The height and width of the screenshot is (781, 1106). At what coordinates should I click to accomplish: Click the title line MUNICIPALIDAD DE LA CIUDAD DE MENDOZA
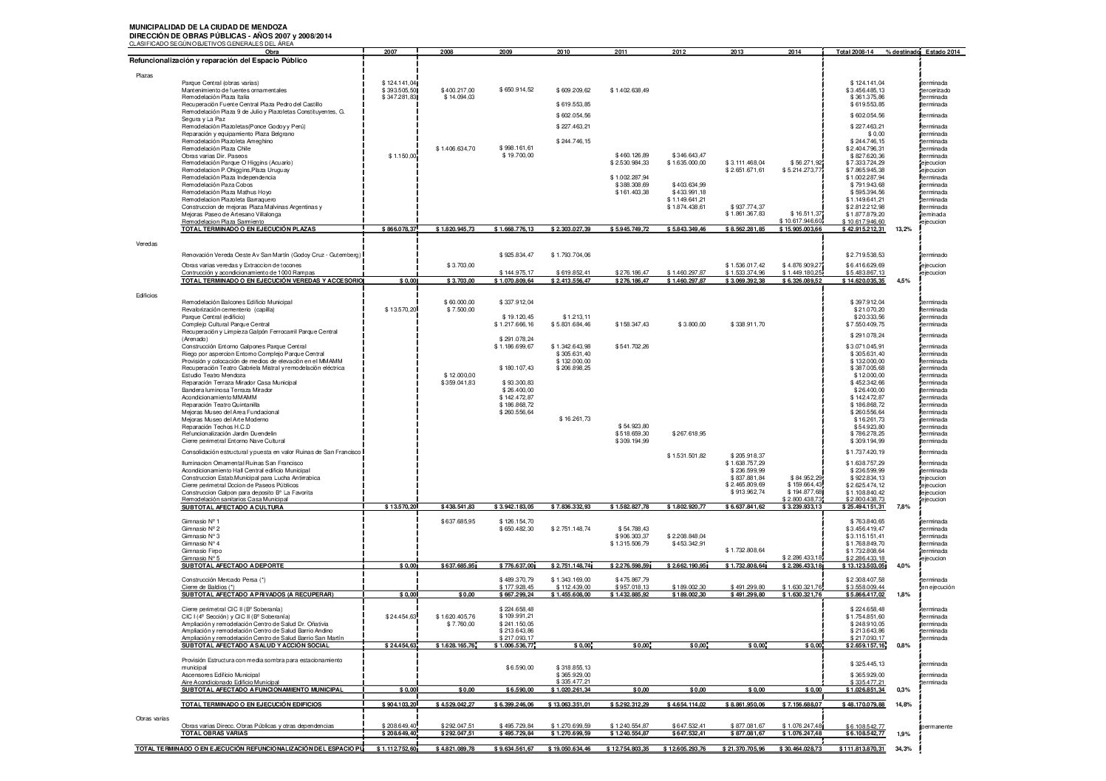click(198, 27)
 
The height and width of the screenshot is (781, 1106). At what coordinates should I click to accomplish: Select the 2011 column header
click(621, 52)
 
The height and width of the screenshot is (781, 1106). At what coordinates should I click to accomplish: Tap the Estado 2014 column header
click(943, 52)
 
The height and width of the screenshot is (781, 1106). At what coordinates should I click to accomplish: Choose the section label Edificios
click(146, 295)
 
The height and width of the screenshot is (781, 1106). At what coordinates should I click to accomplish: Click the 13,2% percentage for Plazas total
click(903, 230)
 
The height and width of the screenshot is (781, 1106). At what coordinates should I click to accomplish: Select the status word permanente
click(936, 726)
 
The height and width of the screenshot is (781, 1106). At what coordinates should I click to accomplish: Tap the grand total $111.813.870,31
click(856, 749)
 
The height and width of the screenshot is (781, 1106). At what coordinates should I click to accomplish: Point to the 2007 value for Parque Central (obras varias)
click(400, 83)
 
